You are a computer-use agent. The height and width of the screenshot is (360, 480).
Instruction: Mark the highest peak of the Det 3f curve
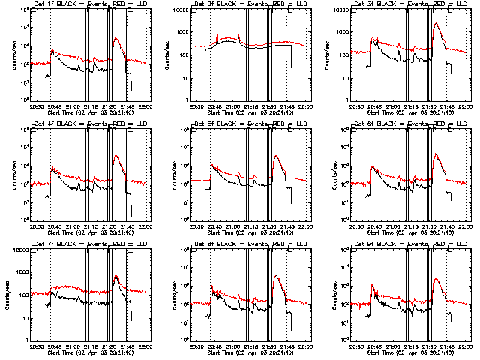(436, 23)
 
